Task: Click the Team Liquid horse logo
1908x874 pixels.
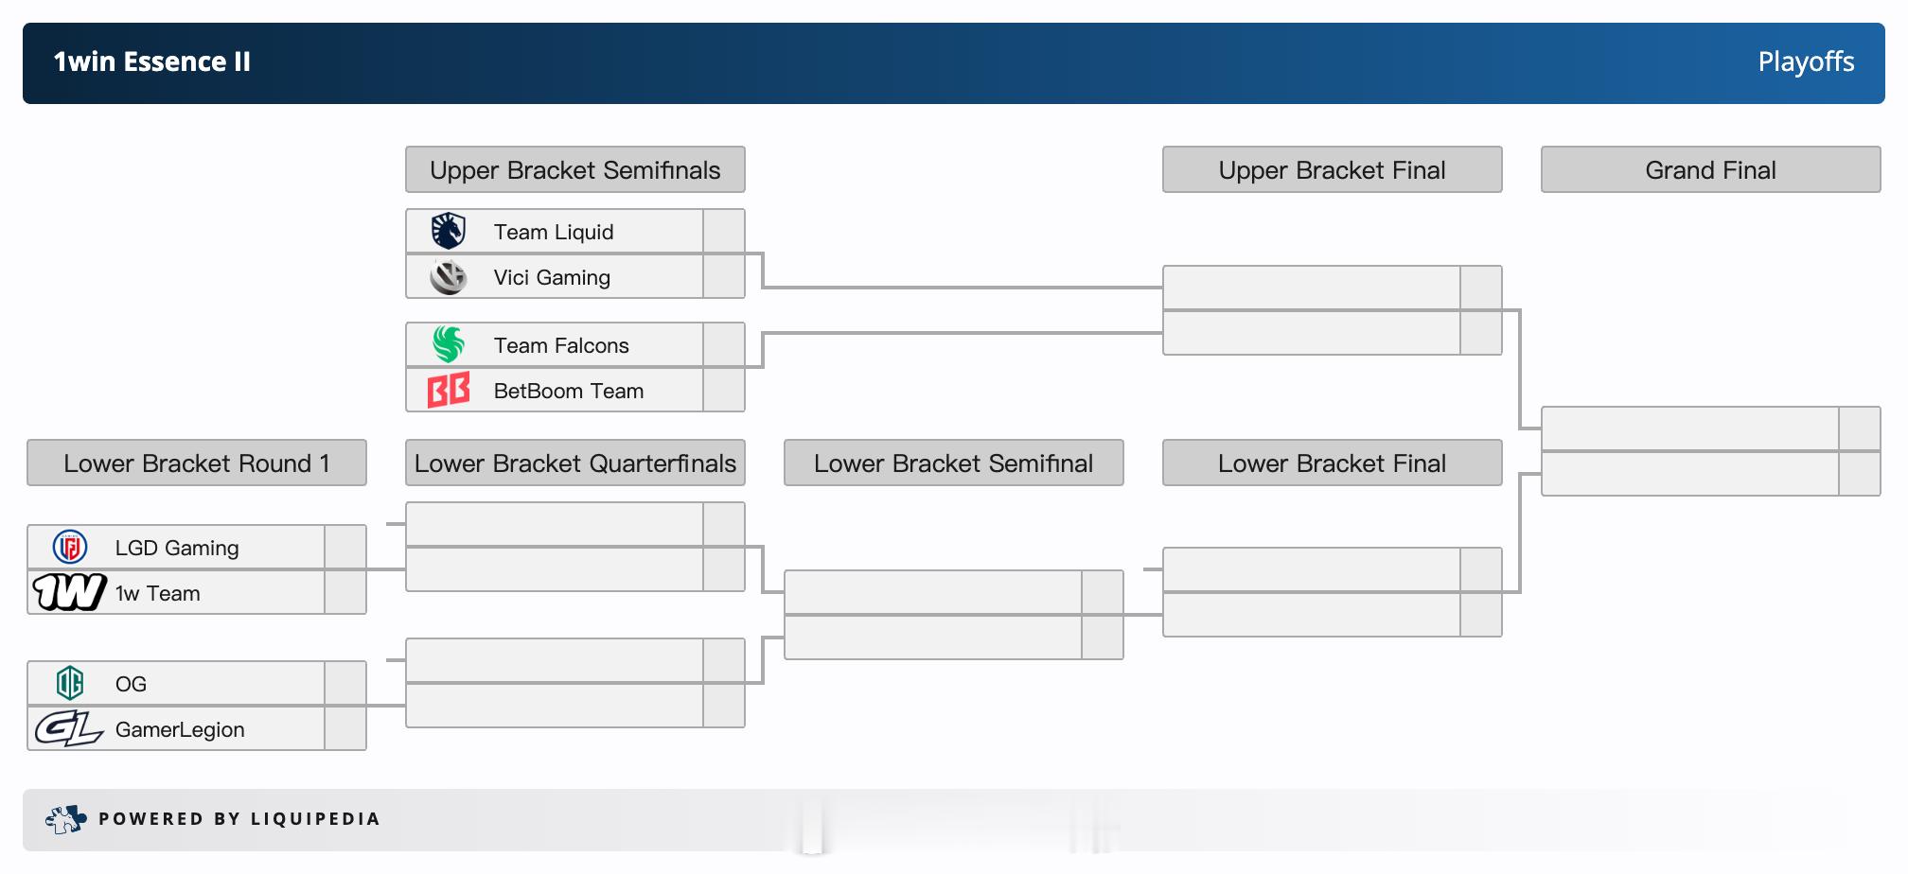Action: click(x=448, y=231)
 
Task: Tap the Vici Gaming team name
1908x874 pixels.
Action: click(x=552, y=277)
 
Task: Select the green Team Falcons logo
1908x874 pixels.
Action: click(x=449, y=344)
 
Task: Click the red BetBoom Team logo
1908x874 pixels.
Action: click(x=449, y=390)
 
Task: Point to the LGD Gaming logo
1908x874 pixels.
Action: click(x=70, y=547)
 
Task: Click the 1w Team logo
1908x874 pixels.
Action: click(x=69, y=592)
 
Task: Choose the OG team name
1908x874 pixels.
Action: click(x=131, y=684)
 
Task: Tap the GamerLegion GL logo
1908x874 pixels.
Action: click(x=69, y=728)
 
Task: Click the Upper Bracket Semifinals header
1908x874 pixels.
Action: click(x=575, y=169)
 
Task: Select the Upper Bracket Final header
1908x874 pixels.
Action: click(x=1333, y=169)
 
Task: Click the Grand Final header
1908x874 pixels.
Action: click(x=1711, y=169)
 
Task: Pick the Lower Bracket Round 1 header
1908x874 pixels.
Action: click(x=197, y=463)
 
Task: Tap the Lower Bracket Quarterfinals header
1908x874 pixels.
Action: click(x=575, y=463)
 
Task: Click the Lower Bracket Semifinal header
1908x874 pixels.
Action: click(x=954, y=463)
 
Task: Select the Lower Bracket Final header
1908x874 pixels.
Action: click(x=1333, y=463)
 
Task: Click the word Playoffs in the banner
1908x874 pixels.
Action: click(x=1806, y=62)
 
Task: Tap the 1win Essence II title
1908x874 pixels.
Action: click(x=151, y=62)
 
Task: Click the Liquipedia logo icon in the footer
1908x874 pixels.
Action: click(x=65, y=819)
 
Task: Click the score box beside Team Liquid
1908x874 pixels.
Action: click(x=724, y=231)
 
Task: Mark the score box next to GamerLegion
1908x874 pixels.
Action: click(x=345, y=728)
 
